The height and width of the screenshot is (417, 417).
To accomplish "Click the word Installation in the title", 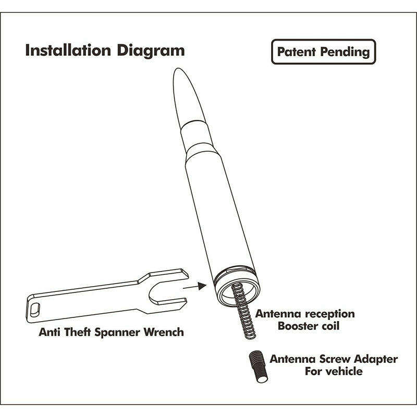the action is [68, 50].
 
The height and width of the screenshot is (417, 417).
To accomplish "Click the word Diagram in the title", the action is [151, 51].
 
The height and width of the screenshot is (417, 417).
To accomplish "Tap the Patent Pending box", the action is [323, 52].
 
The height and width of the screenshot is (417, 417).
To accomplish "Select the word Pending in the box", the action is [345, 52].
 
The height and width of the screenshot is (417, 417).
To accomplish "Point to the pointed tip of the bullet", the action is [176, 69].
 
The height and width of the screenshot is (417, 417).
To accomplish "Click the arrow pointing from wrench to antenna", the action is [194, 286].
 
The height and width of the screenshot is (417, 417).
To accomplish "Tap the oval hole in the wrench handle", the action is [35, 310].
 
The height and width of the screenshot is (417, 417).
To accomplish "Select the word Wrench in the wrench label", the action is [164, 333].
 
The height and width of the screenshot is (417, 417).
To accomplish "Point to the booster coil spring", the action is [243, 311].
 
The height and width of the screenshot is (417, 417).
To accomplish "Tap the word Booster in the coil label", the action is [298, 326].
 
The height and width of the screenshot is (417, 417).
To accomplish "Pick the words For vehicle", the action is [334, 371].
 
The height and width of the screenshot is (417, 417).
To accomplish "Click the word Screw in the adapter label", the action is [335, 359].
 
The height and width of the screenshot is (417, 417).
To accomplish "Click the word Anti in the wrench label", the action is [51, 333].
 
